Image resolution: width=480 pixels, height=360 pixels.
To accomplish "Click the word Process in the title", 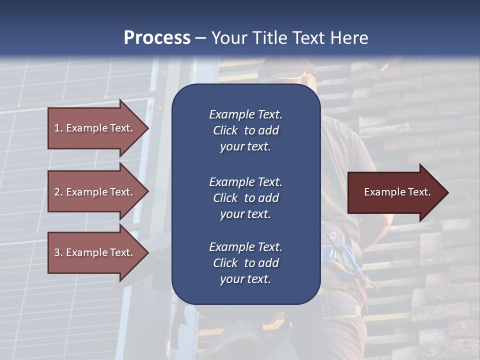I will (157, 38).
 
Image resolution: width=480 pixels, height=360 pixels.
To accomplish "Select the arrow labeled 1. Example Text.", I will (93, 128).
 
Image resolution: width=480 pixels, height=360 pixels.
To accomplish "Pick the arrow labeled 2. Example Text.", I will (93, 192).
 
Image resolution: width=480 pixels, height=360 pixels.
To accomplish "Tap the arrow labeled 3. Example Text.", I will (93, 252).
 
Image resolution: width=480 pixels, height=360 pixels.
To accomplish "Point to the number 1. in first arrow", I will (58, 128).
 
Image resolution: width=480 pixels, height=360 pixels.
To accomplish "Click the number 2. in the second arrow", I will (58, 192).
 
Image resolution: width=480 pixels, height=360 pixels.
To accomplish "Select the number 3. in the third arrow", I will (58, 252).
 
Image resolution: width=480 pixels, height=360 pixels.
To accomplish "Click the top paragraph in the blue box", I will (245, 130).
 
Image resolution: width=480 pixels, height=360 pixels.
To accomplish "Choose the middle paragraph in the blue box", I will (245, 198).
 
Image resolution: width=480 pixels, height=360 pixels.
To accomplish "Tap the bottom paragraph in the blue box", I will (245, 263).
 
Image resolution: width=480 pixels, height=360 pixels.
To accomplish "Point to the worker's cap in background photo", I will (290, 70).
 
